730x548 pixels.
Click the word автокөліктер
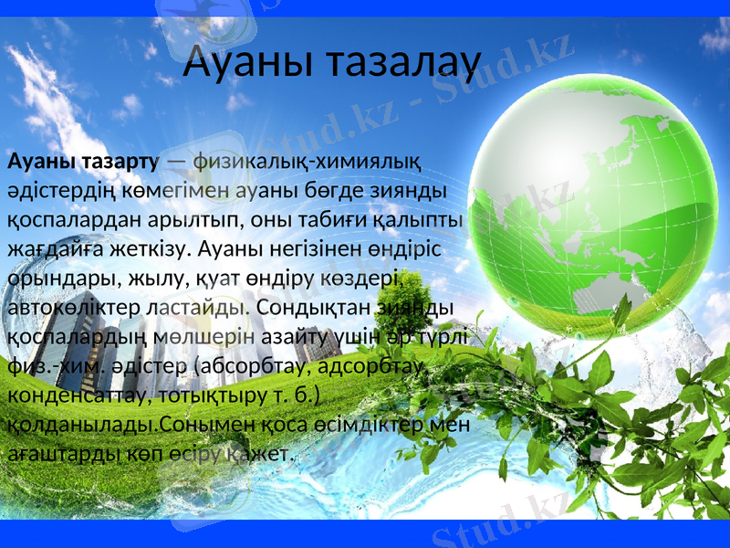[x=75, y=306]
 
